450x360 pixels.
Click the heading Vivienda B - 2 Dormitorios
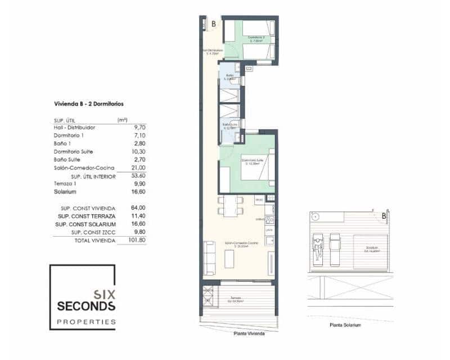89,104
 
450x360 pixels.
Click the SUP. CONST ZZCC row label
87,232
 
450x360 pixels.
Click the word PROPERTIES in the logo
86,322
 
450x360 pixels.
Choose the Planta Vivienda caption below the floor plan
248,334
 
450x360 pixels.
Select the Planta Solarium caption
345,325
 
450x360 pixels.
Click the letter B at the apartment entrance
214,24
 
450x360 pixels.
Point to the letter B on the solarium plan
384,215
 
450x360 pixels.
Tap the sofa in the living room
209,257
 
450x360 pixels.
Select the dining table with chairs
229,206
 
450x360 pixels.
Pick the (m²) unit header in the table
122,120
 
